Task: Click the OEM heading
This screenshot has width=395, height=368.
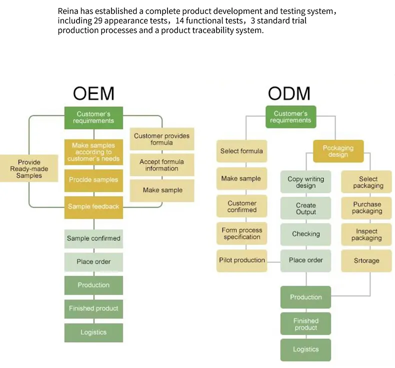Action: click(93, 93)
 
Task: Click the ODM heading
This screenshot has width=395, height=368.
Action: click(289, 93)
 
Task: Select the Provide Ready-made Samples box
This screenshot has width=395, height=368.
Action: click(29, 169)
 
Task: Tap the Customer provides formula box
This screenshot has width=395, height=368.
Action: click(161, 139)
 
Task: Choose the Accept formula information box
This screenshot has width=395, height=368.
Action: click(161, 165)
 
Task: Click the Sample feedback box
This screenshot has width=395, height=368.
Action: click(93, 207)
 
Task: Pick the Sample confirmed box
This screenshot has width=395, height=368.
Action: click(93, 239)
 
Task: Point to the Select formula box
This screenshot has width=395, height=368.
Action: click(241, 151)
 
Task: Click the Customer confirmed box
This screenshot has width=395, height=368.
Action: click(241, 206)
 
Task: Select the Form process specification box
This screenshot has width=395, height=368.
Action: click(241, 233)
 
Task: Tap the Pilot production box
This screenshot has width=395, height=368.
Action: click(241, 260)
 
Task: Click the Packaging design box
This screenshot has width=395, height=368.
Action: click(338, 151)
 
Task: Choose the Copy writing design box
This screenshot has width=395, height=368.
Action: click(305, 182)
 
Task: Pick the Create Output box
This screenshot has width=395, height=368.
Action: click(305, 208)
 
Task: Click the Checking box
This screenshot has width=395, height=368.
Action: click(305, 234)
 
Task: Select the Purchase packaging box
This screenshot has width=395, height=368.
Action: click(366, 207)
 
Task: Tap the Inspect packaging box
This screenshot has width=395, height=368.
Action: click(366, 235)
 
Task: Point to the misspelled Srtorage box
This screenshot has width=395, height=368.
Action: click(366, 261)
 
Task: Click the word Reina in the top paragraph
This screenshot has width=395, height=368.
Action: click(68, 11)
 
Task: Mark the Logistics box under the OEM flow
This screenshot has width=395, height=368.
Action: click(93, 333)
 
